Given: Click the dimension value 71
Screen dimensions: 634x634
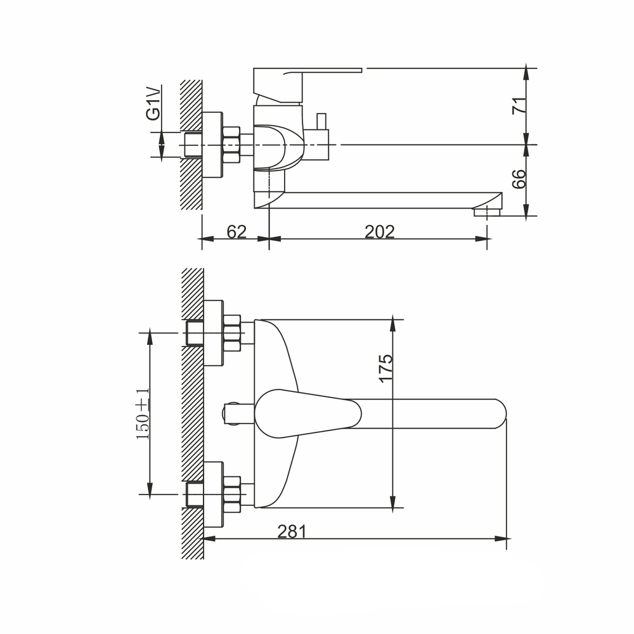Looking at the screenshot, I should point(518,105).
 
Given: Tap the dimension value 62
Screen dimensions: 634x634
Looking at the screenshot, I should point(236,232).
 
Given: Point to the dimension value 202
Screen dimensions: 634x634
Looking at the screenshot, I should point(379,232).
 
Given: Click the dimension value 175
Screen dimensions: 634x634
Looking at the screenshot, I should point(385,368).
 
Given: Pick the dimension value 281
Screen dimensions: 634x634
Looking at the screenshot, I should point(292,531).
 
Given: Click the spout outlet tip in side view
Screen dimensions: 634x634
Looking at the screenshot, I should point(488,210).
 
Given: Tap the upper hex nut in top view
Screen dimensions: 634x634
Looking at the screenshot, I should point(232,333).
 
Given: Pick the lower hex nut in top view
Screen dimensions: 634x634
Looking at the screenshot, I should point(232,495).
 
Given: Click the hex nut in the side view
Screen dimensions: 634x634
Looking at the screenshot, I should point(231,145).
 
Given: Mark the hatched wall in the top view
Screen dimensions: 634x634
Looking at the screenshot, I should point(192,412).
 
